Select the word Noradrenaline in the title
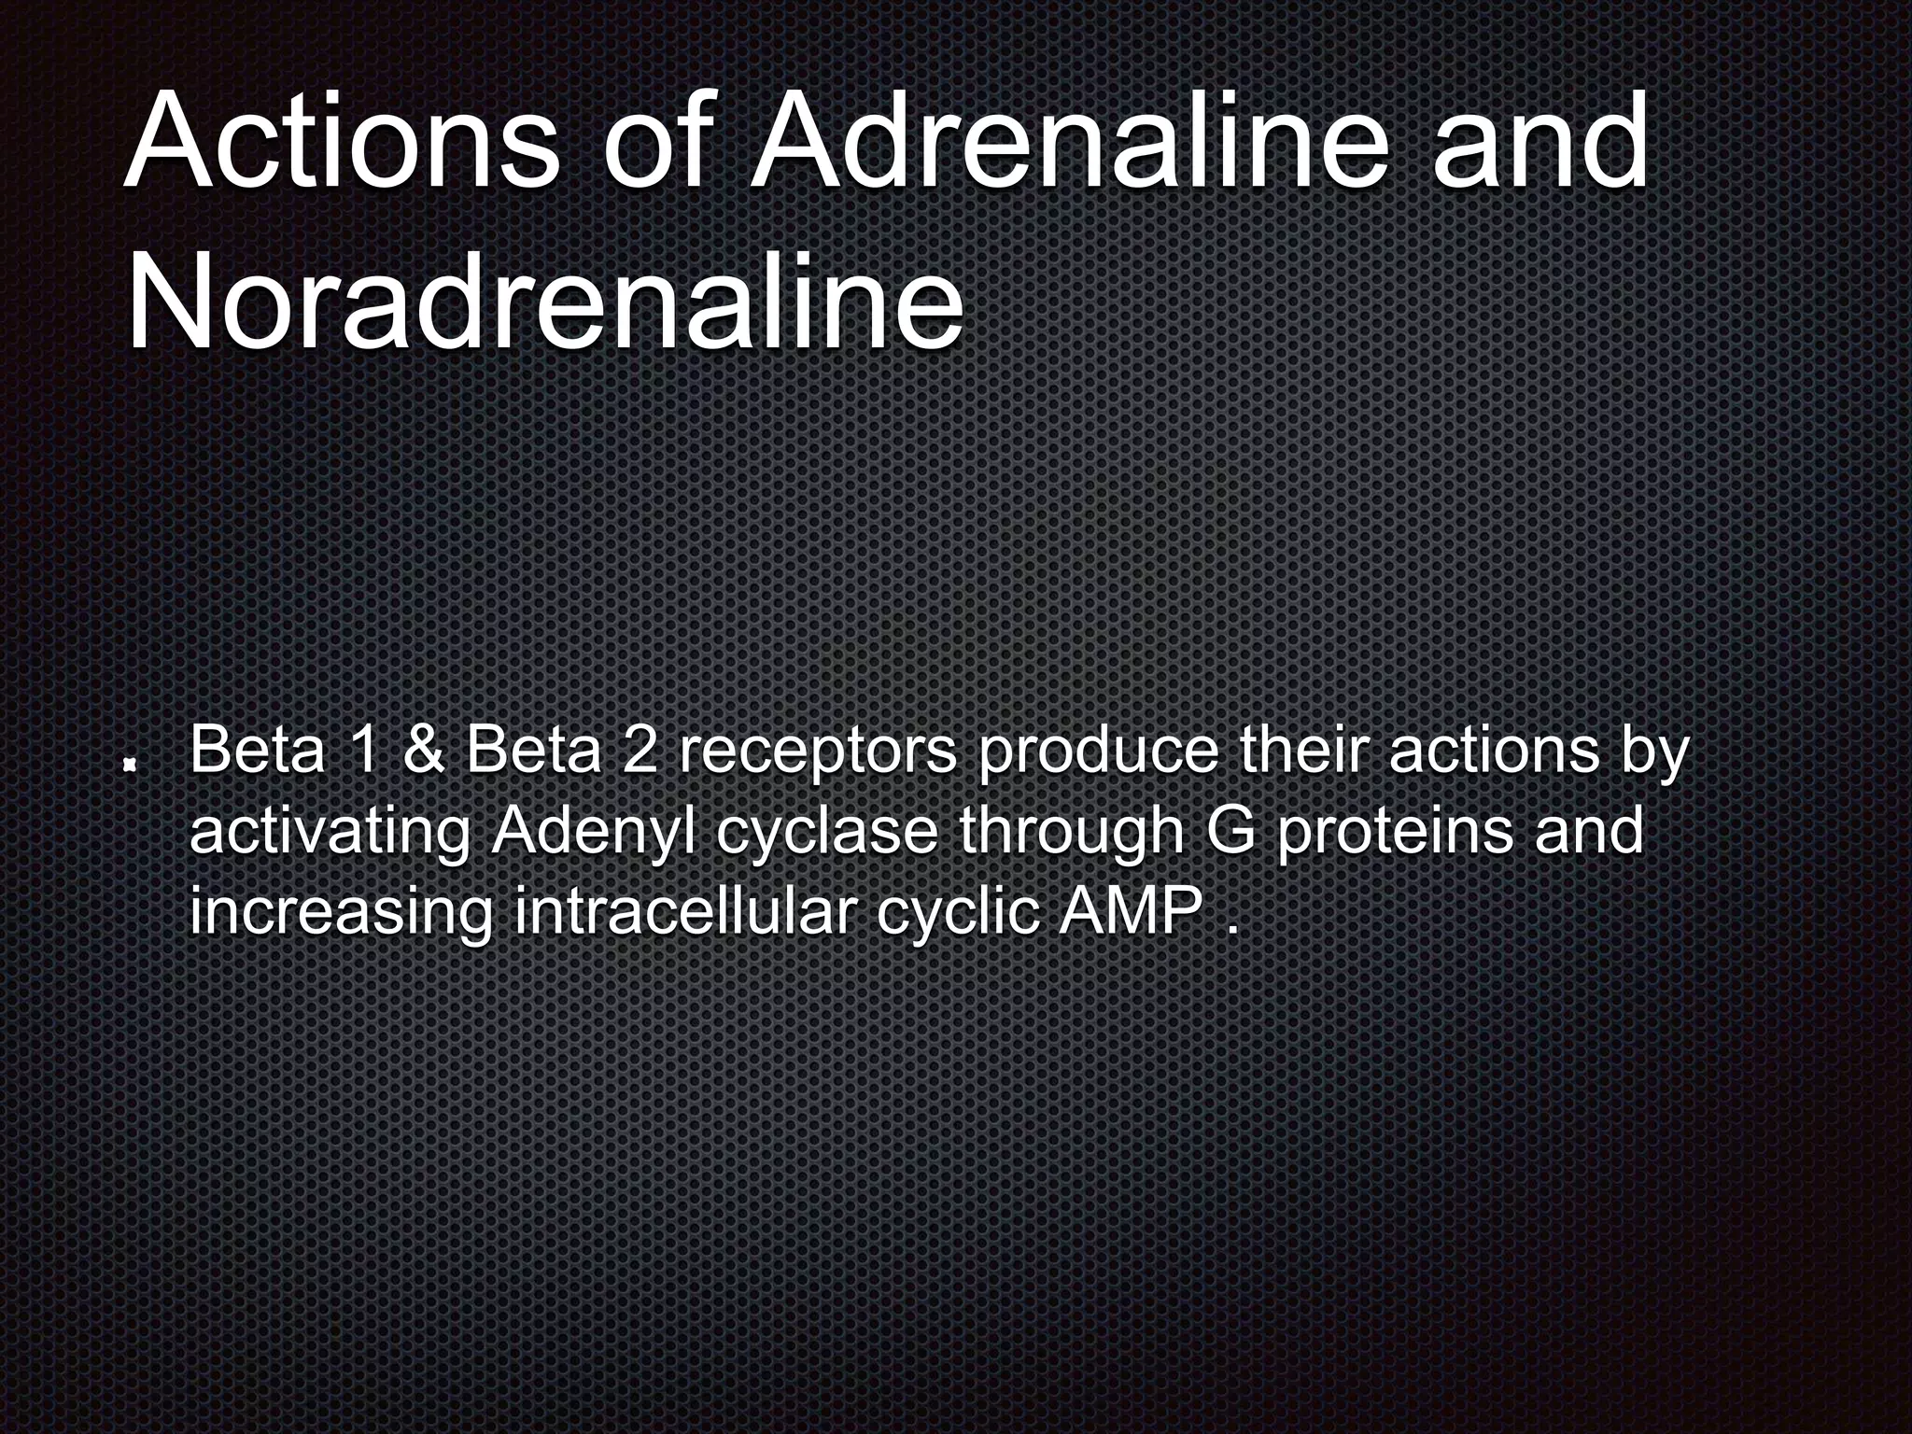(544, 301)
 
